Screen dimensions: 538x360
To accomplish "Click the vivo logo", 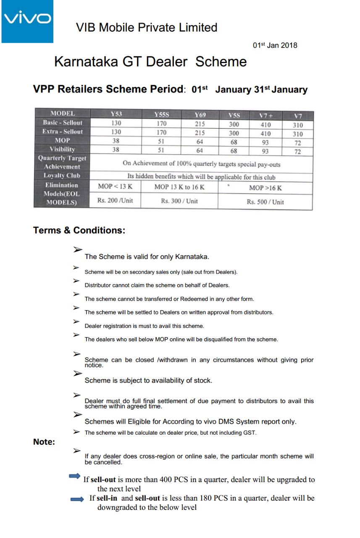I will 27,21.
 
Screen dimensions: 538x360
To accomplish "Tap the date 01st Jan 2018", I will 275,45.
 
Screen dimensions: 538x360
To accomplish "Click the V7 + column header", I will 265,116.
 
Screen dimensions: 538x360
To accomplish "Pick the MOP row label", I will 62,140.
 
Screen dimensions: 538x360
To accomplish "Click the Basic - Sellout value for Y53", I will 116,123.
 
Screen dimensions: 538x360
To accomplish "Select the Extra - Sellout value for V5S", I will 234,133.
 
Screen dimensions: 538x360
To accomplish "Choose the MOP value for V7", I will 297,143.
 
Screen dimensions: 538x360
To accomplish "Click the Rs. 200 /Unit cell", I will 115,200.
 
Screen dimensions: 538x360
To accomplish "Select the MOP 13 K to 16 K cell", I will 179,187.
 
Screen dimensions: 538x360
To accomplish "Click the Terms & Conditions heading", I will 79,230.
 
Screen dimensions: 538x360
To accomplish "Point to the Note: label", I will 44,442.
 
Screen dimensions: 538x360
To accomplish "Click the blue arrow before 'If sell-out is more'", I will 74,476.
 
